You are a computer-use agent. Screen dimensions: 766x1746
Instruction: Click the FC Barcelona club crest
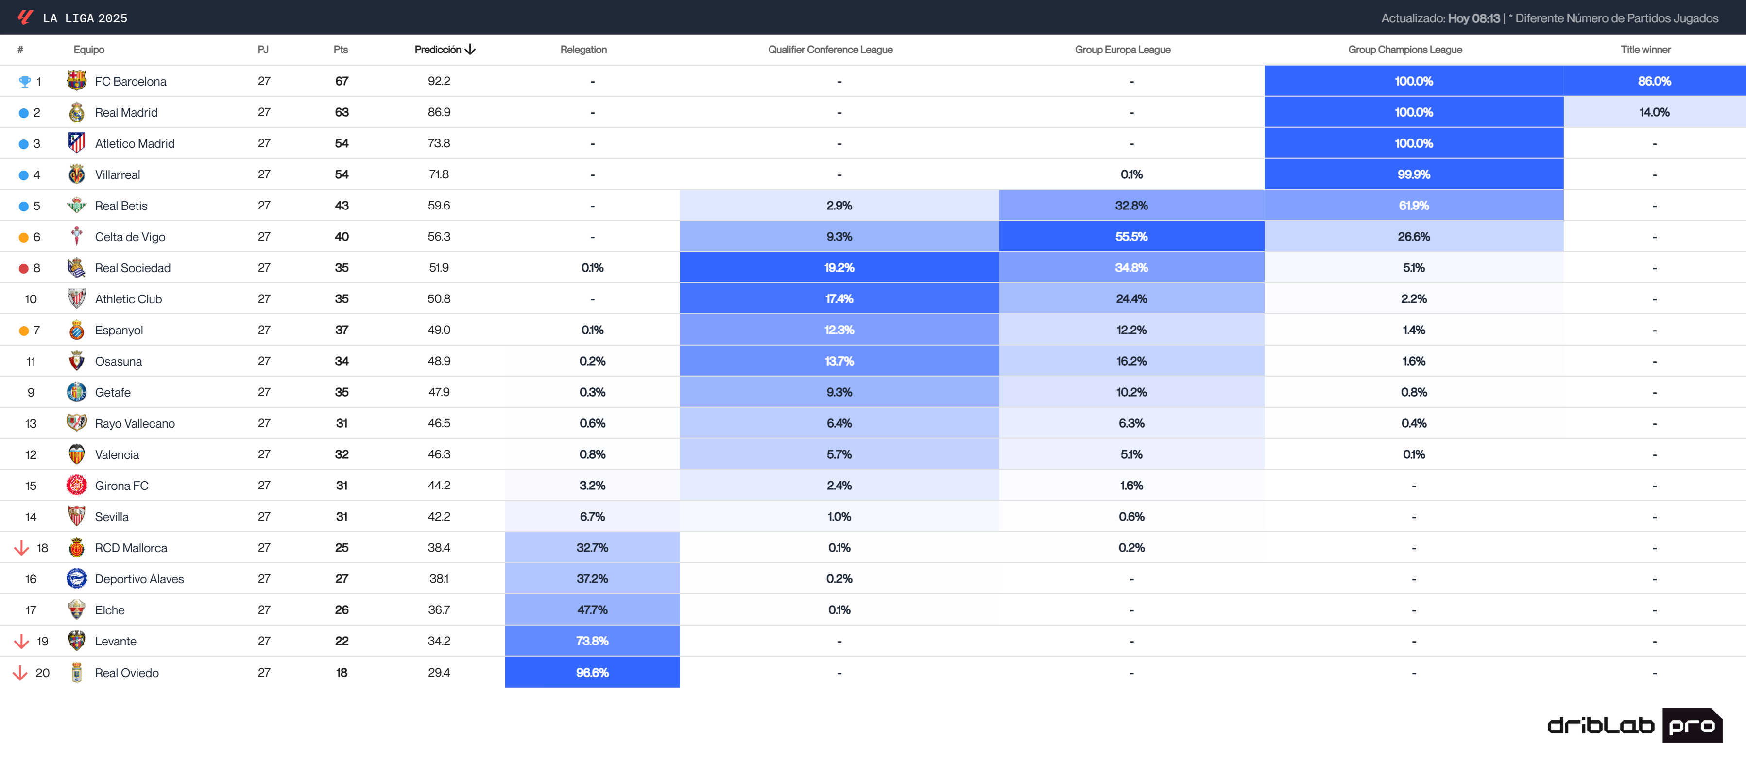pyautogui.click(x=77, y=81)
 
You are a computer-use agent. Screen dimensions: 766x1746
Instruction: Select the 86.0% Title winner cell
pyautogui.click(x=1654, y=81)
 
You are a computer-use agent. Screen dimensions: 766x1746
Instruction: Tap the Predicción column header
pyautogui.click(x=444, y=50)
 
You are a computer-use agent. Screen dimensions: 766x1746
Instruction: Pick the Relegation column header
pyautogui.click(x=583, y=50)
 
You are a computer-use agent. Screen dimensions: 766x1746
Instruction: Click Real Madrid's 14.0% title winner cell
pyautogui.click(x=1654, y=112)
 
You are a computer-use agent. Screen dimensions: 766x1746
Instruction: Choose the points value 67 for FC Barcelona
pyautogui.click(x=342, y=81)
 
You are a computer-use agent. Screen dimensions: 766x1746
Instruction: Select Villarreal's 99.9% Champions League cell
pyautogui.click(x=1413, y=174)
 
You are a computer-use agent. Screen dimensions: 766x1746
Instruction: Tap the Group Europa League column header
pyautogui.click(x=1122, y=50)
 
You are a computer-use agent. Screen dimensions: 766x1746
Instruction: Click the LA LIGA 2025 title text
pyautogui.click(x=85, y=18)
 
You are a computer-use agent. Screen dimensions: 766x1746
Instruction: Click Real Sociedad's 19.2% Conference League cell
pyautogui.click(x=839, y=268)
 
